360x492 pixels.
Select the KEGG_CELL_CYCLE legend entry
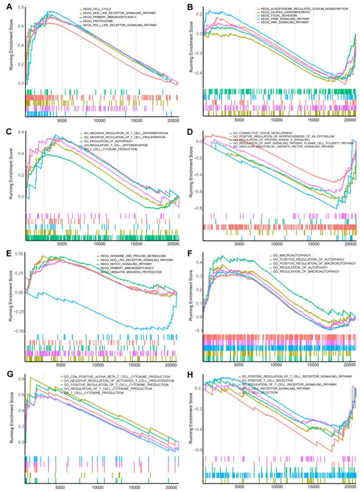pos(95,9)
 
